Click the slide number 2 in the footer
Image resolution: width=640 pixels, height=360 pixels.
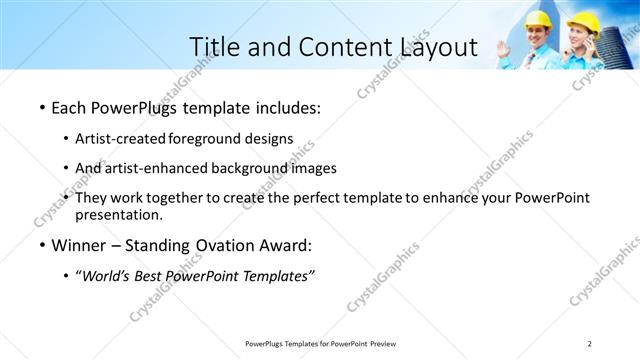[x=589, y=344]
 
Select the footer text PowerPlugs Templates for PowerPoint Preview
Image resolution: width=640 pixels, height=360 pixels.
[x=320, y=344]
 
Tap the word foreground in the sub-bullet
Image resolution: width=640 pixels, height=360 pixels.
[x=205, y=138]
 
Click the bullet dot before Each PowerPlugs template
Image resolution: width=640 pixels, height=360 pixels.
[x=41, y=106]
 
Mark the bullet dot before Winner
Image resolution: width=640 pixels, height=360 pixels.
[x=41, y=246]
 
